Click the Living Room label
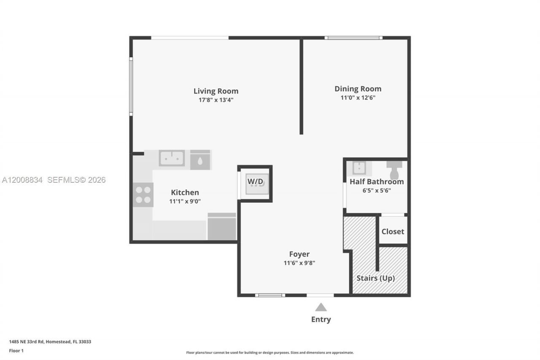click(x=216, y=91)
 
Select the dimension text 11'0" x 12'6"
click(x=358, y=98)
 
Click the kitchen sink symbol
click(x=172, y=159)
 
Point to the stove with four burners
click(x=143, y=195)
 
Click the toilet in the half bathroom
click(x=394, y=170)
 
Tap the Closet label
click(x=393, y=232)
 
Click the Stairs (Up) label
click(x=375, y=278)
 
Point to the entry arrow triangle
click(x=321, y=307)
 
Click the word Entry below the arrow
click(x=321, y=319)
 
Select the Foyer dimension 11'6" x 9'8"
click(x=299, y=263)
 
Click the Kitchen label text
click(x=185, y=192)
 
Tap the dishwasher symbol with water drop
click(x=200, y=160)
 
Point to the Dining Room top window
click(x=354, y=38)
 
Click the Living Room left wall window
click(x=131, y=87)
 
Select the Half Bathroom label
click(x=377, y=182)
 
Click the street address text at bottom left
click(x=50, y=342)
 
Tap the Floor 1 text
click(x=16, y=351)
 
